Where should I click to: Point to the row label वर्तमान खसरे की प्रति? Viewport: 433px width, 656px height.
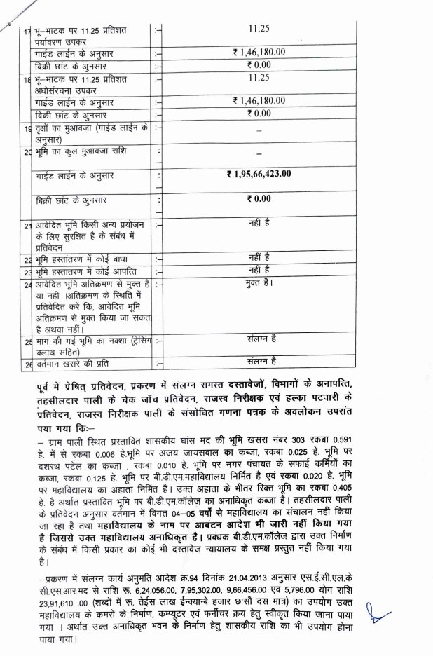(x=66, y=364)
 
